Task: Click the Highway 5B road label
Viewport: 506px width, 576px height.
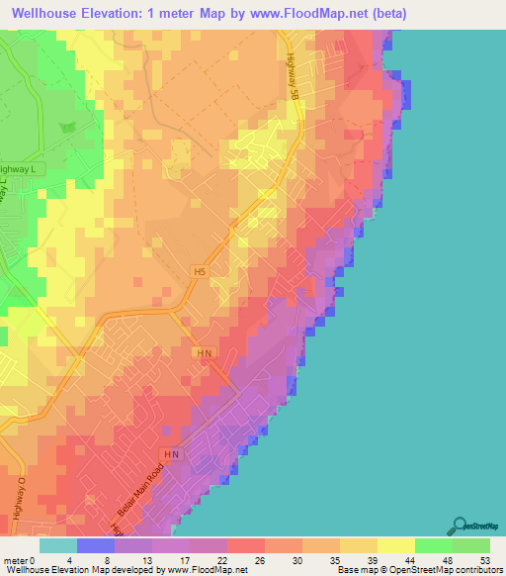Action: click(294, 75)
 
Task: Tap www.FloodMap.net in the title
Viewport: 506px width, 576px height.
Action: click(296, 14)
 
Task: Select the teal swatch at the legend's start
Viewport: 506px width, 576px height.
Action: click(57, 545)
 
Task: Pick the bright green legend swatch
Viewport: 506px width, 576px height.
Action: click(433, 545)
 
